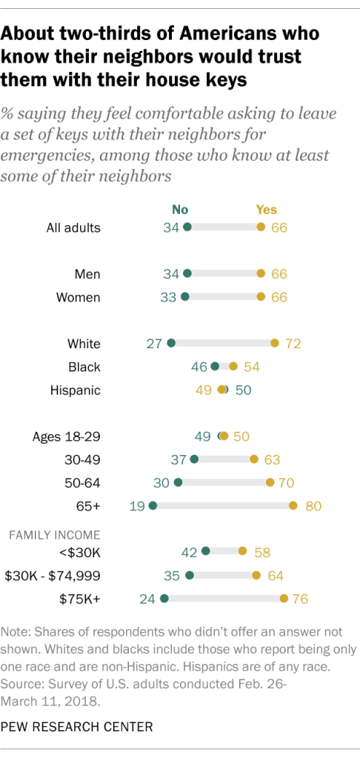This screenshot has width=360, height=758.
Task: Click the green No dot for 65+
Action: coord(153,506)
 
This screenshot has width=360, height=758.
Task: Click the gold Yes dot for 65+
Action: coord(293,506)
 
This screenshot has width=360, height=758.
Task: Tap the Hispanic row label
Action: coord(75,390)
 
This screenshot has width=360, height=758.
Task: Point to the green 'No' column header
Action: coord(180,210)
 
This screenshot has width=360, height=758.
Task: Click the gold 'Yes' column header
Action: coord(265,210)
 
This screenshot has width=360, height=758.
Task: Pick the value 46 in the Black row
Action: coord(199,366)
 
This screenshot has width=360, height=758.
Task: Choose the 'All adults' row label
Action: coord(70,227)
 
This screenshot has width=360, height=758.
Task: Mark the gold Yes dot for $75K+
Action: coord(284,598)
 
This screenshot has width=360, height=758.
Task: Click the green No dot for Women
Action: coord(184,297)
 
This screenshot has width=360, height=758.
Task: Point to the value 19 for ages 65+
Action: coord(137,506)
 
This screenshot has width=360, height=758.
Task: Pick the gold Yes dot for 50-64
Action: coord(270,483)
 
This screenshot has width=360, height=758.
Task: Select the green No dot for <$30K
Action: coord(206,551)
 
